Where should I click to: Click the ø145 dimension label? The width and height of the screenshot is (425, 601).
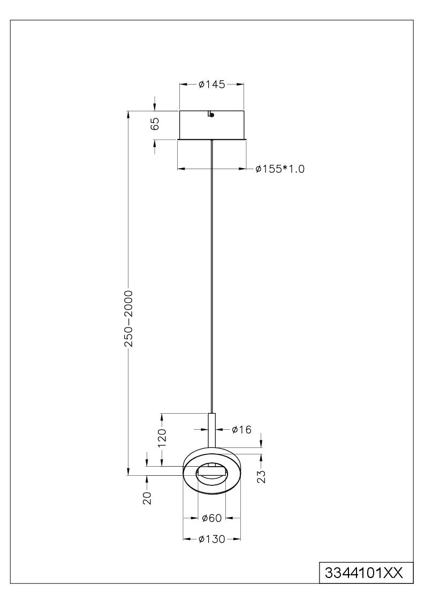click(x=211, y=85)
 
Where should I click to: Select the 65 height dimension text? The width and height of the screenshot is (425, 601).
click(x=155, y=124)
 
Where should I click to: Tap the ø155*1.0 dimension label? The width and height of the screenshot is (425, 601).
click(x=280, y=169)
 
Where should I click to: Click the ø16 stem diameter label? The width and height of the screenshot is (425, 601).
click(x=241, y=430)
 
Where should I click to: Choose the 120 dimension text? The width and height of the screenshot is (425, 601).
click(x=163, y=438)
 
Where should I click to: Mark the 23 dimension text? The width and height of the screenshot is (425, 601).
click(x=262, y=476)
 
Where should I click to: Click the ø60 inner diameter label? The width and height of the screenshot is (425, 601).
click(x=212, y=518)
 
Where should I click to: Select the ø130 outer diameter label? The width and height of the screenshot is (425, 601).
click(x=212, y=539)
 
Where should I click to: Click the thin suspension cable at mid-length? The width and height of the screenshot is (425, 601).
click(x=211, y=276)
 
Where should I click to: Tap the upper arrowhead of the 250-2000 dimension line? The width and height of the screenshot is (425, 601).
click(x=128, y=115)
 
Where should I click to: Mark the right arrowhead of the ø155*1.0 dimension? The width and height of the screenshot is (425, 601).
click(x=242, y=168)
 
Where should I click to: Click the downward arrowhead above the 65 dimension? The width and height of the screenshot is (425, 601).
click(x=155, y=107)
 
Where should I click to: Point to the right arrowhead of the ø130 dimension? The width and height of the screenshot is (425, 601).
click(x=237, y=539)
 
